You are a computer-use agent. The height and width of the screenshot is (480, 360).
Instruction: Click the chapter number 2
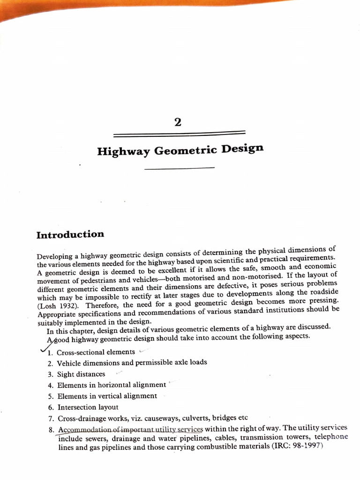177,123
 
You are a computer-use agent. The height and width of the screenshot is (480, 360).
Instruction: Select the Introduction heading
70,234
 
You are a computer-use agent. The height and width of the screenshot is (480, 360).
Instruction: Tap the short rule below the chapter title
180,167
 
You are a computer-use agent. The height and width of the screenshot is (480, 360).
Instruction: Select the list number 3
50,375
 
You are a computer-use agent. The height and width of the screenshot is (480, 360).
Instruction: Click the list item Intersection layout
88,407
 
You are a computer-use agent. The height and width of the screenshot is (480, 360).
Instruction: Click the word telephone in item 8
331,436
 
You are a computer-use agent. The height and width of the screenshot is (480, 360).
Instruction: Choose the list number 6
50,408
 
